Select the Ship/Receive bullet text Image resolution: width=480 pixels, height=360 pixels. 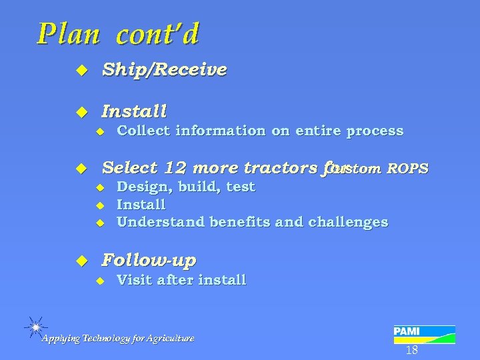tap(163, 69)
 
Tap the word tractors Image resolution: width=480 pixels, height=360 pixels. tap(283, 167)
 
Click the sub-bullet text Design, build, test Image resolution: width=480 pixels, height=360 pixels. tap(185, 187)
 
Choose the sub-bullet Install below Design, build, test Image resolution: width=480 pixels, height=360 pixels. tap(141, 204)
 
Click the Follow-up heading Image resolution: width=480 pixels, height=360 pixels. tap(148, 259)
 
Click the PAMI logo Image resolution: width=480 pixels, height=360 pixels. tap(424, 334)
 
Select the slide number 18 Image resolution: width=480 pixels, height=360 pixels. tap(411, 350)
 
